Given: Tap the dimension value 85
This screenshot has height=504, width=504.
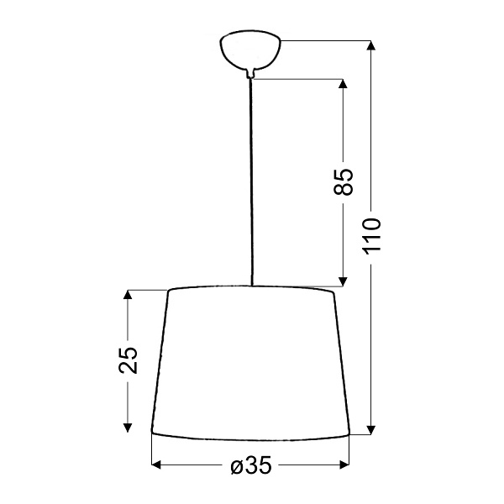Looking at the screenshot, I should (x=343, y=182).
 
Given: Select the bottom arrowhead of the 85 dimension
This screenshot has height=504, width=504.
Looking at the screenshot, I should (x=343, y=281).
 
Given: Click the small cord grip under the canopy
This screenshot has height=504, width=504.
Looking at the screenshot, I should (x=249, y=74).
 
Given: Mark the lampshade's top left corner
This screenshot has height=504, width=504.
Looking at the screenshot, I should (x=170, y=291).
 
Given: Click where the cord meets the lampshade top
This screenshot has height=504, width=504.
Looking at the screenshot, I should (x=250, y=286).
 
